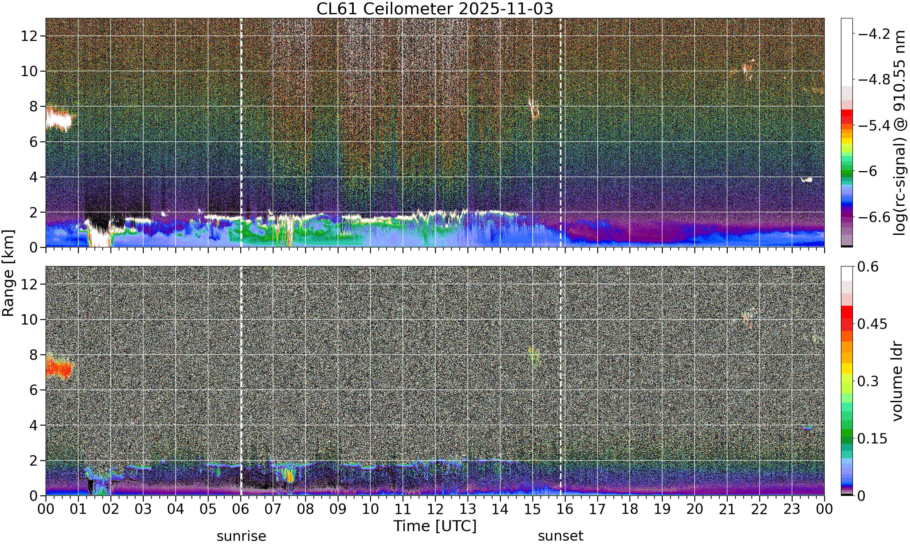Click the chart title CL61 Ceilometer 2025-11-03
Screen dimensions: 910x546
435,9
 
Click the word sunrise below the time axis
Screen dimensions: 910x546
241,536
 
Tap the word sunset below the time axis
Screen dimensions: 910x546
561,536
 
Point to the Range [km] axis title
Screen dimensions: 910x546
8,273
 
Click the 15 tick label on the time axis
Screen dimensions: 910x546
532,509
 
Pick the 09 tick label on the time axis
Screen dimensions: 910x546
338,509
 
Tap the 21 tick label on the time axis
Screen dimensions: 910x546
727,509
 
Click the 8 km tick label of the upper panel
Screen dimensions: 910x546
34,106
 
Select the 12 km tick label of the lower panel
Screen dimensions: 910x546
29,284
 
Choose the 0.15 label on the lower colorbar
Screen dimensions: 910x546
872,439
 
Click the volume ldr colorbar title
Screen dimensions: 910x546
898,381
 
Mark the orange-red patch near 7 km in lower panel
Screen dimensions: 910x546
59,368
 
